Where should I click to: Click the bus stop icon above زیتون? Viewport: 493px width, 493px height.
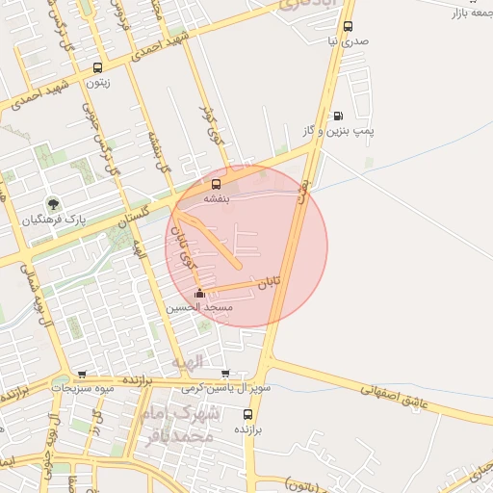[x=97, y=68]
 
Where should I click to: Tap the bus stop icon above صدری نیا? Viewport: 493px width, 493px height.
[x=348, y=27]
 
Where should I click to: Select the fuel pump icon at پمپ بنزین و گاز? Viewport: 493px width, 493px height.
[x=337, y=116]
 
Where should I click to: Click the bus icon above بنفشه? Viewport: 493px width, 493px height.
[x=216, y=183]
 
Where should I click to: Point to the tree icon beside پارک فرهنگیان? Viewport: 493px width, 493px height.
[x=54, y=204]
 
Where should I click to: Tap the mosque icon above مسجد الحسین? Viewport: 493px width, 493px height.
[x=199, y=293]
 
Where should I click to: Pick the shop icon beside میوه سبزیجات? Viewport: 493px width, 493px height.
[x=82, y=375]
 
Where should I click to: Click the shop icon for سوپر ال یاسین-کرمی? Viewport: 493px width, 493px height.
[x=225, y=375]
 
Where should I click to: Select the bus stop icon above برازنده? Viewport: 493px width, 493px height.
[x=247, y=414]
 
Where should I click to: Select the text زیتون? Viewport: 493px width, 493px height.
[x=97, y=83]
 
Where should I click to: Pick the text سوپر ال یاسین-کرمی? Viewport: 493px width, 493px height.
[x=225, y=388]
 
